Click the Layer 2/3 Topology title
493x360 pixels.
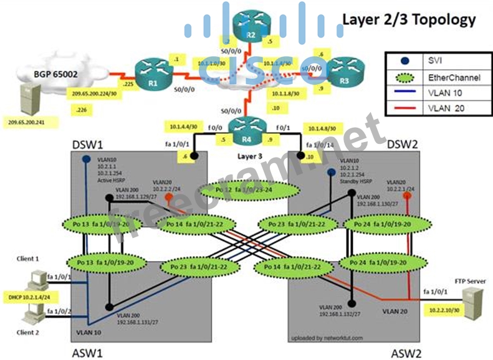tap(409, 19)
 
